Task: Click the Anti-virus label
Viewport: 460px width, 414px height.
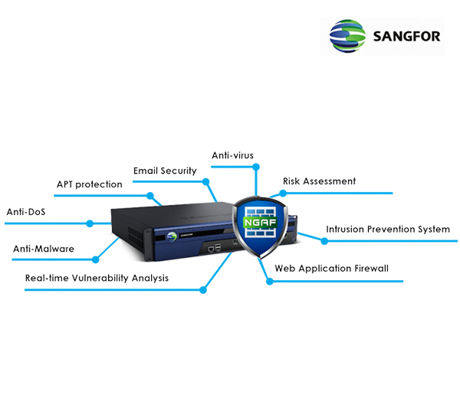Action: [x=232, y=155]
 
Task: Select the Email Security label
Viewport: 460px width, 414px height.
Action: [x=165, y=171]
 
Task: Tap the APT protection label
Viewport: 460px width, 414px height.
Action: [x=89, y=184]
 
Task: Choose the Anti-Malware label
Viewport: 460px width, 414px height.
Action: [x=44, y=249]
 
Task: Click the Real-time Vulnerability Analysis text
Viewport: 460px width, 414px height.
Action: [x=97, y=278]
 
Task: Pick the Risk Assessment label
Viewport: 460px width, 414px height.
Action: [x=319, y=181]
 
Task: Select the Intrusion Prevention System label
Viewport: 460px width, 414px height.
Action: [x=387, y=229]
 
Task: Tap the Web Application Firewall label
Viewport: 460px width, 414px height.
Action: [x=332, y=269]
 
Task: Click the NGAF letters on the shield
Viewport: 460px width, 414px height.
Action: [x=261, y=223]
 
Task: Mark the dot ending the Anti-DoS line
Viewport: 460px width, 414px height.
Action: [x=90, y=223]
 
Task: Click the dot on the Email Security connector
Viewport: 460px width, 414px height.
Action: [x=205, y=181]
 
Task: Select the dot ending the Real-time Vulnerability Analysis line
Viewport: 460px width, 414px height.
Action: [x=203, y=290]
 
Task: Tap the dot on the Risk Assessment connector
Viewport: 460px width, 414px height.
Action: [x=283, y=193]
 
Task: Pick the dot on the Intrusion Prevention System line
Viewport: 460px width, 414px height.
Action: [x=324, y=241]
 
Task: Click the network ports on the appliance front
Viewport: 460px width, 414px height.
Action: [x=215, y=249]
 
